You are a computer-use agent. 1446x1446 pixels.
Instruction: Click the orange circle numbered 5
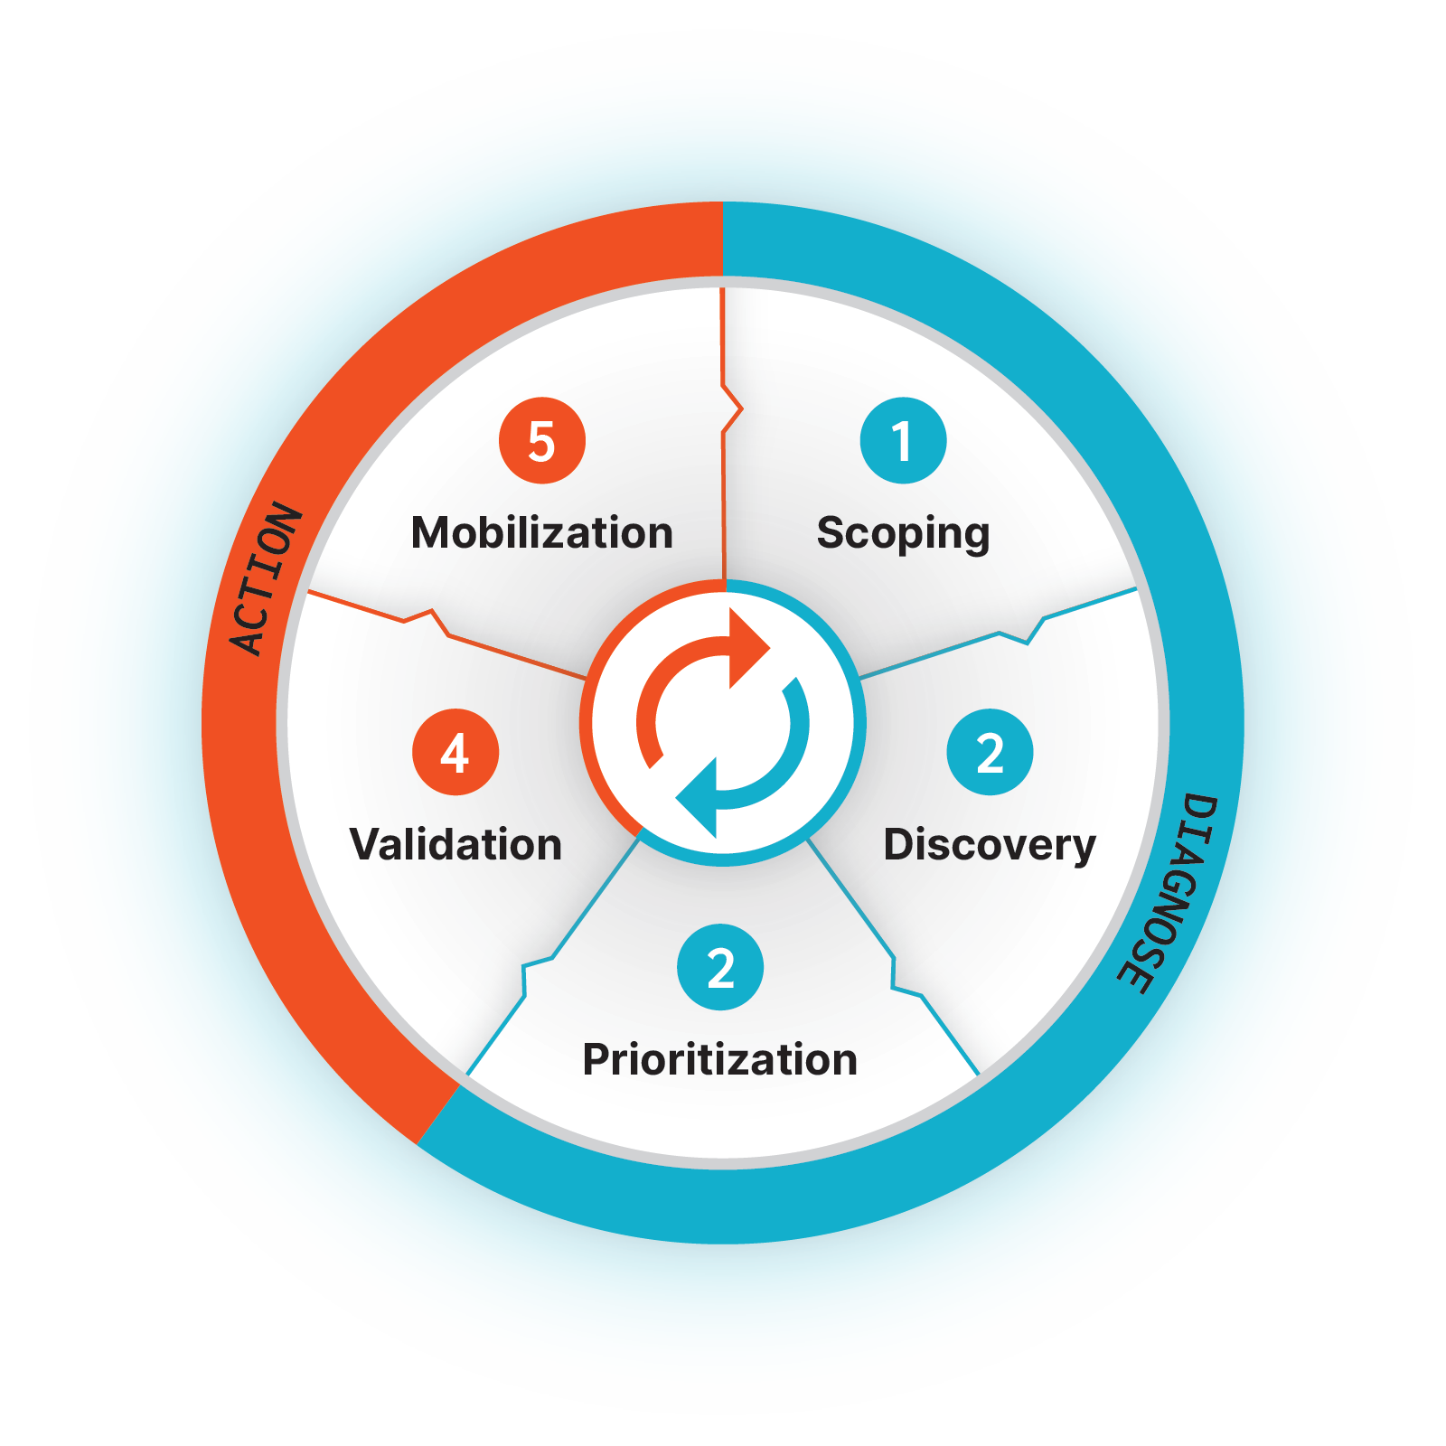[x=542, y=441]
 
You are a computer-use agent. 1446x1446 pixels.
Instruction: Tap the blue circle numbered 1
[x=903, y=441]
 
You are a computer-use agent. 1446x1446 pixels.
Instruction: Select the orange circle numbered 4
[x=455, y=752]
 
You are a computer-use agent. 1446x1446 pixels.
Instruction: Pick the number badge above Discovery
[x=990, y=752]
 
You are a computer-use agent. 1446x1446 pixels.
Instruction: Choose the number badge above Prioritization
[x=720, y=967]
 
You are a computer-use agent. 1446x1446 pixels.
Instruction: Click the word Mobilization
[x=542, y=533]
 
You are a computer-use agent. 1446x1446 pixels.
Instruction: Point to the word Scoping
[x=903, y=533]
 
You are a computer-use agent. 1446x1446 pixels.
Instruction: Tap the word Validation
[x=455, y=845]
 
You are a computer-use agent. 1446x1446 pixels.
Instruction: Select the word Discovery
[x=990, y=845]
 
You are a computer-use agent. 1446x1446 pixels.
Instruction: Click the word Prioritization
[x=720, y=1059]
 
